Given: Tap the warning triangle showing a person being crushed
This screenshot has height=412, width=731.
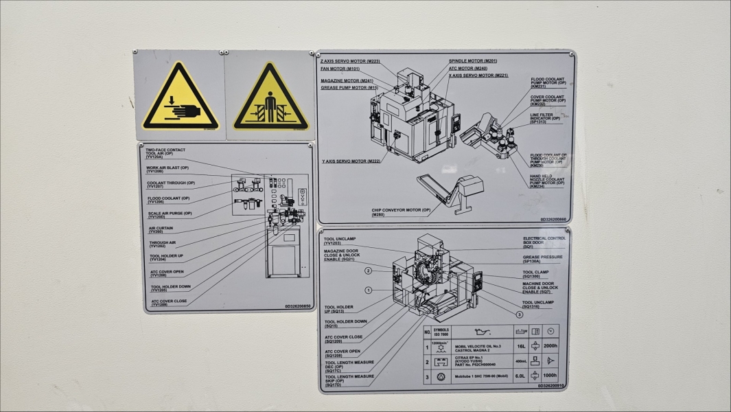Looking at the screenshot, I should tap(270, 98).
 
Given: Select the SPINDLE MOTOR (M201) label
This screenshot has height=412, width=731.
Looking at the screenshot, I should tap(473, 61).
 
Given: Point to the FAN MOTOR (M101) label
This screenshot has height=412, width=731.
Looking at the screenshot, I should tap(340, 69).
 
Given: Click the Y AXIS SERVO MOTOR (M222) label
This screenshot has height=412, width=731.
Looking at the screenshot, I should tap(351, 161).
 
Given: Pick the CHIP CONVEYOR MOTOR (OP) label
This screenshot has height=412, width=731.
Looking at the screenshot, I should tap(402, 212).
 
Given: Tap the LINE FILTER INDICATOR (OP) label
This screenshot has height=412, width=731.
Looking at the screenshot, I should tap(545, 119).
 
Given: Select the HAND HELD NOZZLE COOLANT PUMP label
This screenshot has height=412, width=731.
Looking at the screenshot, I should tap(547, 181).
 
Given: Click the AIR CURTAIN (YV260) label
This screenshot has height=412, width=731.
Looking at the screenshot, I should tap(161, 230).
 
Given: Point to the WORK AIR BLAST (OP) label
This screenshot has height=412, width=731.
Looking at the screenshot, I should tap(167, 170).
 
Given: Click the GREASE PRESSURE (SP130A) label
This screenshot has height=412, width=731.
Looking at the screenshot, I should tap(542, 259).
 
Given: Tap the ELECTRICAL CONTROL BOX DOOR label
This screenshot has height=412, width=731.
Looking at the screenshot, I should tap(544, 242).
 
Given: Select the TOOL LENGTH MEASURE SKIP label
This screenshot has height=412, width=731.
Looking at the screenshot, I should tap(349, 380).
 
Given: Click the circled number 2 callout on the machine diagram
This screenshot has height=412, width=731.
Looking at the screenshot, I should tap(368, 271).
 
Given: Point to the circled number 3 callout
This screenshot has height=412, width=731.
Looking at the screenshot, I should tap(520, 314).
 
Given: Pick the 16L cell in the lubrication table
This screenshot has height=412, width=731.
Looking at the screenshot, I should tap(520, 347).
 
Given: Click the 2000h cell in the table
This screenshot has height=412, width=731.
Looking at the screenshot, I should tap(549, 347).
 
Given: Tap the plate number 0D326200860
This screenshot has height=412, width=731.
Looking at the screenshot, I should tap(553, 220).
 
